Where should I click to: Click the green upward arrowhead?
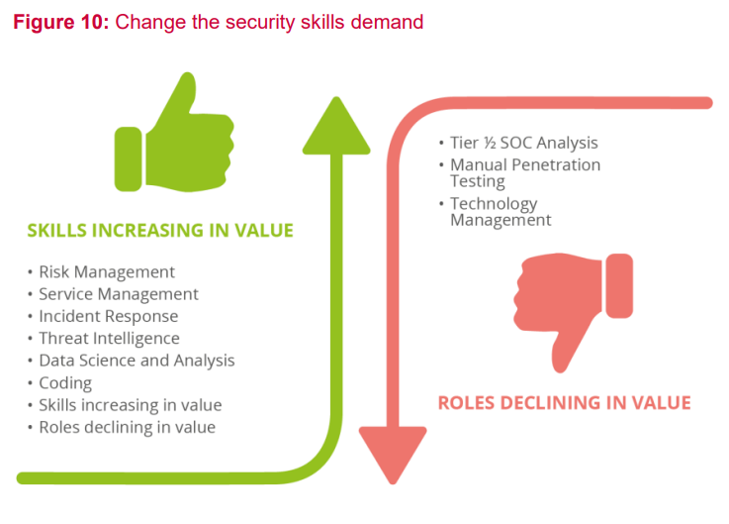[336, 126]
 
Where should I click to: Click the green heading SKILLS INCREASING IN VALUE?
[160, 231]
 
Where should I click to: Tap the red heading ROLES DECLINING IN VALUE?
[565, 403]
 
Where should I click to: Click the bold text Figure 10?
[61, 22]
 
